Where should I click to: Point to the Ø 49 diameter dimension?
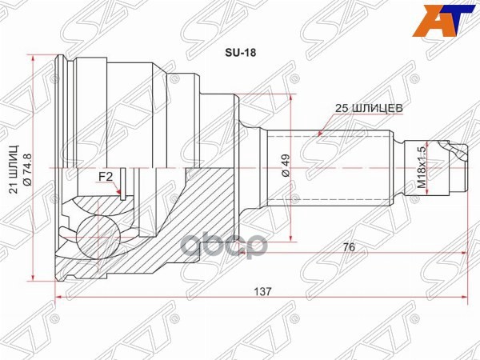[283, 166]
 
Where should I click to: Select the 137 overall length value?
[261, 292]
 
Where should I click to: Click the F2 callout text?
[105, 176]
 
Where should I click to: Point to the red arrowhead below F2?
[118, 192]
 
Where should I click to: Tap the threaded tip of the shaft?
[456, 167]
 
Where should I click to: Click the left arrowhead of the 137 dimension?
[58, 301]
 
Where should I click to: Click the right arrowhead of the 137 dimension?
[463, 301]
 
